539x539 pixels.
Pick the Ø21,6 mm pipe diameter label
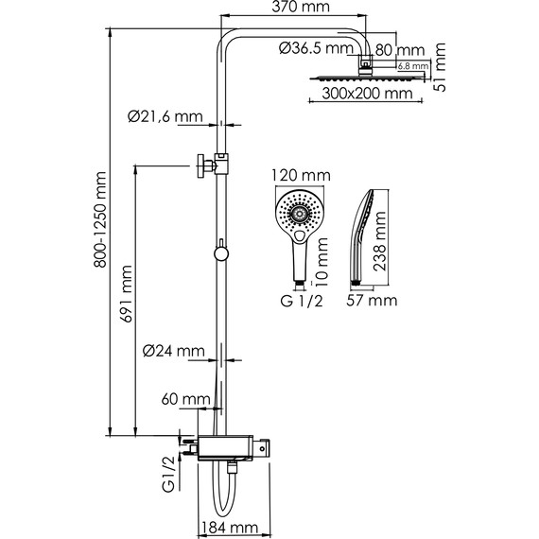coord(165,117)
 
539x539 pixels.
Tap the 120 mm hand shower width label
coord(299,175)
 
